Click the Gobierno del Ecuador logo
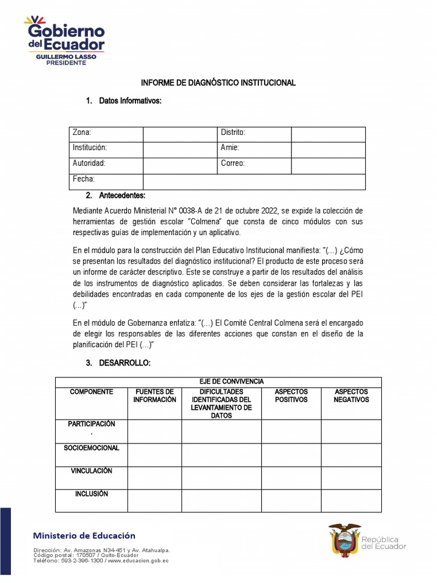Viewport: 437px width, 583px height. pos(64,40)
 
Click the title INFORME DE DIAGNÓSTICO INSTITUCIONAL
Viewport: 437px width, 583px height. pos(218,83)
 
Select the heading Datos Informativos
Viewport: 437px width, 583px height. pos(130,101)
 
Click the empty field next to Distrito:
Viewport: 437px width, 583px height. pos(328,133)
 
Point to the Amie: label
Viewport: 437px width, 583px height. pos(230,147)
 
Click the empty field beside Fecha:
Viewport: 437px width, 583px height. pos(254,181)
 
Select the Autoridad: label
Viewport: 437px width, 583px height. pos(89,163)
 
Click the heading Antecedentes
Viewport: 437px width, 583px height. pos(122,195)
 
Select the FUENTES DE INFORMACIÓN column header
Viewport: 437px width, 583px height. pos(155,396)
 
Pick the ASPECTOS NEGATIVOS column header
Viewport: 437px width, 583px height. pos(351,396)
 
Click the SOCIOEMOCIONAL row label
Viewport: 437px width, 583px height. pos(92,448)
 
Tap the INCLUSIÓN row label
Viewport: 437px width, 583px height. pos(92,494)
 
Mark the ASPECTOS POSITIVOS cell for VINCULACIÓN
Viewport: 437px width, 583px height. pos(291,478)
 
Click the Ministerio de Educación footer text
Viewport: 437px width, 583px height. pos(84,536)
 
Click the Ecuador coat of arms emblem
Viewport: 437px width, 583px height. pos(344,540)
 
